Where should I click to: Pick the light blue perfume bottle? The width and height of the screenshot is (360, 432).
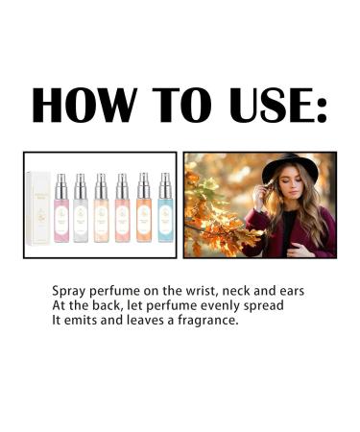pyautogui.click(x=165, y=213)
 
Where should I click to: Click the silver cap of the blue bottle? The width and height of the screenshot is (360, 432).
pyautogui.click(x=165, y=182)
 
